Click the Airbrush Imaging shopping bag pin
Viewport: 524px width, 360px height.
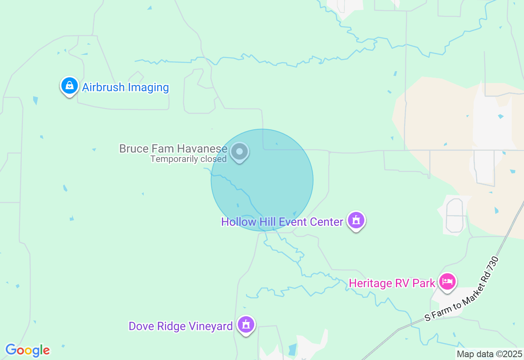[x=70, y=86]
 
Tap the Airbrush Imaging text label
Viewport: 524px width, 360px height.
[x=125, y=88]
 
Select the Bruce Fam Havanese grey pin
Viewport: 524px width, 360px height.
[x=239, y=152]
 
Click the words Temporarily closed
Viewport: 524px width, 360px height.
[x=188, y=159]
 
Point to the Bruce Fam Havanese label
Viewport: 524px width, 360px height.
[x=173, y=148]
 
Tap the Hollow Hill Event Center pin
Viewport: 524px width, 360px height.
[x=356, y=220]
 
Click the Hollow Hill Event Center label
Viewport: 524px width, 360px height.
[x=282, y=222]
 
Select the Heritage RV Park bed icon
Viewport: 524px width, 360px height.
[x=447, y=281]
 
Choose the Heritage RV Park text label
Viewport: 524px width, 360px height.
[x=392, y=283]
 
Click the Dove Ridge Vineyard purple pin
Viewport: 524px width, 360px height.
[x=246, y=325]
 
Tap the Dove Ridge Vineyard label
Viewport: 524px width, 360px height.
[x=181, y=326]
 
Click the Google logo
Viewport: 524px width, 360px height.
[x=27, y=350]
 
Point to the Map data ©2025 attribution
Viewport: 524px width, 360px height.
[x=489, y=354]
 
